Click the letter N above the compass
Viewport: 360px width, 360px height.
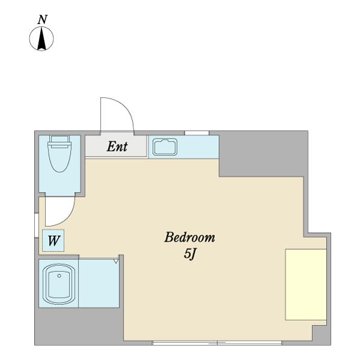[43, 20]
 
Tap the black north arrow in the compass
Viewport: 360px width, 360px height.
[41, 38]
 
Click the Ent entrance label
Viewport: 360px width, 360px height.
[117, 146]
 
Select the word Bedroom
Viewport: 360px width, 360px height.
[190, 237]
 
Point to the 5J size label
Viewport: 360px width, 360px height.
[190, 254]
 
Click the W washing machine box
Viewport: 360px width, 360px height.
[53, 241]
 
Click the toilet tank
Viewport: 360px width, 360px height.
[59, 139]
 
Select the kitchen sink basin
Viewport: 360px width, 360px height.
[165, 147]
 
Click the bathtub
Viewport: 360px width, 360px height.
[59, 284]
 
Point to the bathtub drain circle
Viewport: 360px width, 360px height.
[59, 276]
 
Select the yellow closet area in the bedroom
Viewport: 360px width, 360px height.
[306, 284]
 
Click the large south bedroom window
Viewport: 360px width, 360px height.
[217, 343]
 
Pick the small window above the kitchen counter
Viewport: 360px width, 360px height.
[197, 133]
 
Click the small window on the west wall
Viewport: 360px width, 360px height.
[36, 225]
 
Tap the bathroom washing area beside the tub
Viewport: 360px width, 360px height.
[99, 283]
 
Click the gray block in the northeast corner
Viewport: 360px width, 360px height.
[263, 154]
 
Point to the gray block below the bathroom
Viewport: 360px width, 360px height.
[79, 326]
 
